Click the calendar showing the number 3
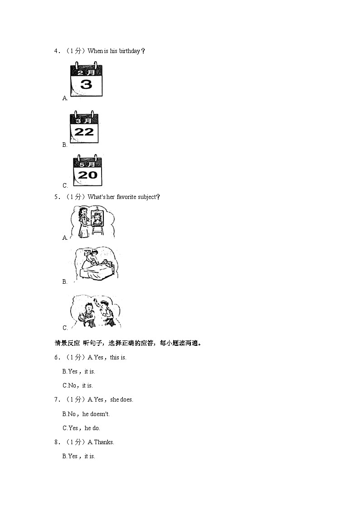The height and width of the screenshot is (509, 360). coord(86,81)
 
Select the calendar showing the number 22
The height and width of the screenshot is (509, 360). coord(84,128)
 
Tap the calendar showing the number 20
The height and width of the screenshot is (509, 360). coord(88,170)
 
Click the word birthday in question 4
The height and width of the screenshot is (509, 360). coord(130,51)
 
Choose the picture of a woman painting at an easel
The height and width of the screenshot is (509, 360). coord(92,222)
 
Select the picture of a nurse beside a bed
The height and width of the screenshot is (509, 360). coord(95,266)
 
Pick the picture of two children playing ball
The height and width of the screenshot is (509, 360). coord(96,312)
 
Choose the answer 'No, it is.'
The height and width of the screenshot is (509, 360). coord(78,386)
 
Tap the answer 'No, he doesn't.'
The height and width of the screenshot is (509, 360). coord(86,414)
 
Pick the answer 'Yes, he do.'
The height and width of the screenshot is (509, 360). coord(81,428)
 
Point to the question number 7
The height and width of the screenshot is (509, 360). coord(57,400)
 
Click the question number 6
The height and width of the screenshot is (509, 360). coord(57,358)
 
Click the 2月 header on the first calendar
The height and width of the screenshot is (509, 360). coord(86,72)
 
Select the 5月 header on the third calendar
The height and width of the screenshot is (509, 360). coord(87,164)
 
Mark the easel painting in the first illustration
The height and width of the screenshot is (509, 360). coord(96,219)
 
